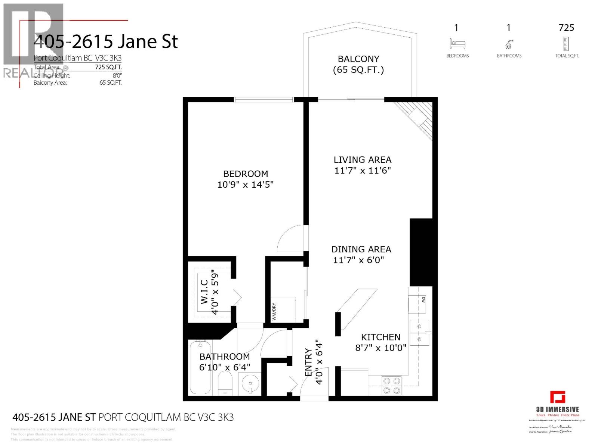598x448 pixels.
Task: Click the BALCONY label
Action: [x=358, y=59]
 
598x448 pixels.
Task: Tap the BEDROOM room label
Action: [x=246, y=174]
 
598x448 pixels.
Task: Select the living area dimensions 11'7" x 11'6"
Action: [x=362, y=171]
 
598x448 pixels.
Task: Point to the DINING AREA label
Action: [x=361, y=249]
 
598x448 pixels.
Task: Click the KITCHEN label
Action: [x=380, y=337]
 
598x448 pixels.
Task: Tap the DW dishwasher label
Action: [x=423, y=299]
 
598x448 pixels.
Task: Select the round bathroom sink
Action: [x=250, y=384]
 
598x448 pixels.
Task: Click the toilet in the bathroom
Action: [x=225, y=384]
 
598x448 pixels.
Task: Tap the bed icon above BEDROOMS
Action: [x=457, y=44]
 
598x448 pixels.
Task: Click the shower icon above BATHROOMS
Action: [x=509, y=45]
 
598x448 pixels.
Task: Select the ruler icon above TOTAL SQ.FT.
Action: [x=566, y=44]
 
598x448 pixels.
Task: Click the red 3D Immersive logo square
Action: [x=557, y=397]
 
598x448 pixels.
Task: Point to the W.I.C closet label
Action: [x=204, y=292]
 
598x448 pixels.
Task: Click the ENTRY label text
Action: [x=308, y=362]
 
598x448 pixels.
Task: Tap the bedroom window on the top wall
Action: [x=264, y=99]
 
